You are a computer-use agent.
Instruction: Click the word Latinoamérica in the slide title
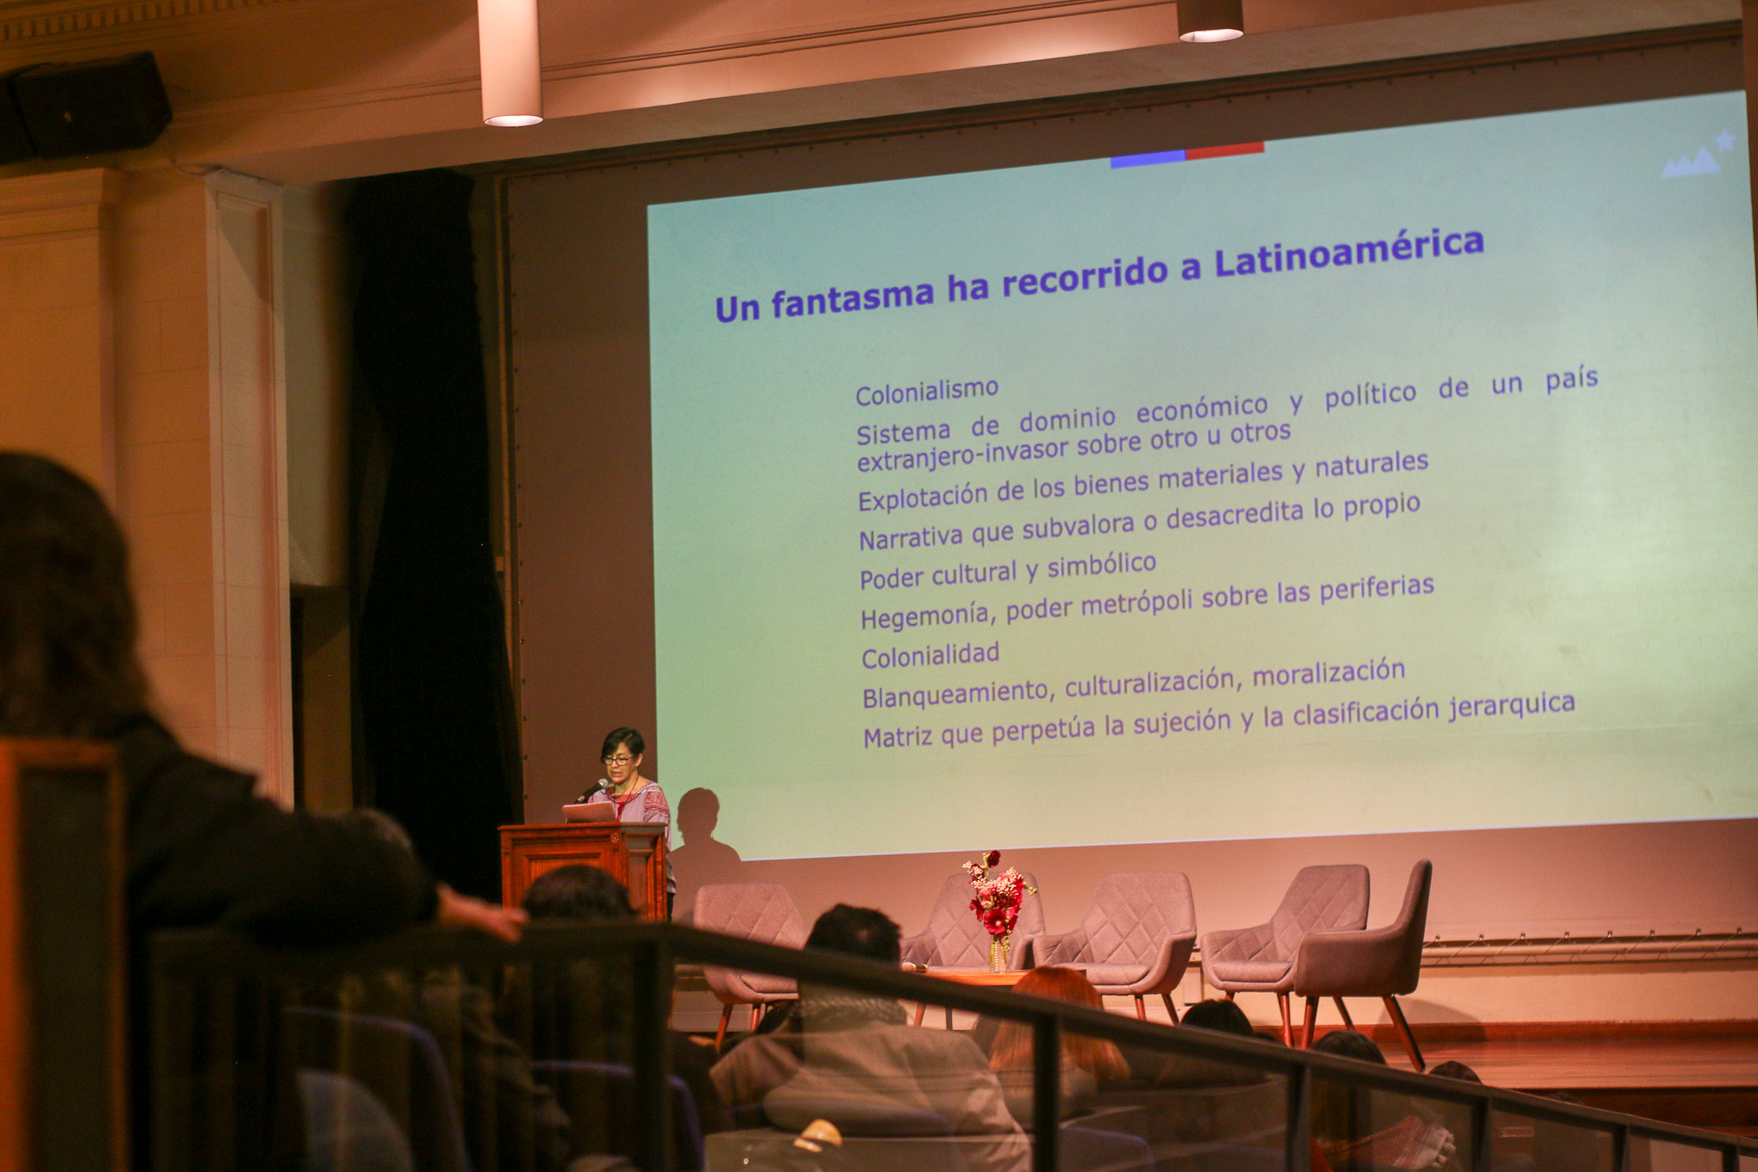coord(1349,253)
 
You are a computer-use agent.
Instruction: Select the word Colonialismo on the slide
coord(927,392)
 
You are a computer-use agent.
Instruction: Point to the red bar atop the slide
coord(1225,150)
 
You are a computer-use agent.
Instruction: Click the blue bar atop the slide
coord(1148,158)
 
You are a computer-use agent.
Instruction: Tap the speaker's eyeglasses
coord(618,760)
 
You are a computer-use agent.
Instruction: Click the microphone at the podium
coord(592,790)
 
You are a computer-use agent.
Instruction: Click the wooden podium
coord(584,867)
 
